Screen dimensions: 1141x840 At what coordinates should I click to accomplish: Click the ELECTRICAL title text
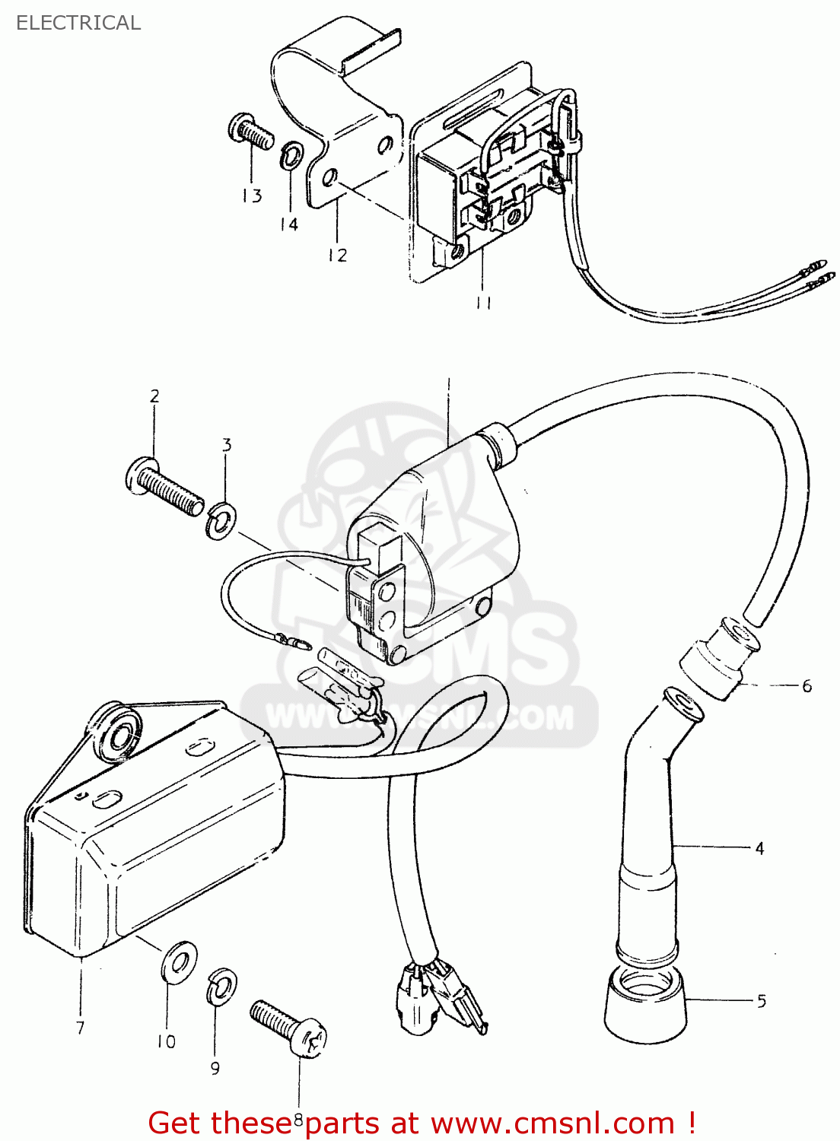tap(78, 23)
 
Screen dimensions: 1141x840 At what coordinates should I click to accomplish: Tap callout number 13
tap(252, 196)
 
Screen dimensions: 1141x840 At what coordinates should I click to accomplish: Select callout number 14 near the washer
tap(288, 224)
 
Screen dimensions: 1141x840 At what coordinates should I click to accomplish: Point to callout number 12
tap(337, 256)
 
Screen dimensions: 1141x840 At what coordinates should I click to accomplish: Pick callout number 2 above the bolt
tap(154, 396)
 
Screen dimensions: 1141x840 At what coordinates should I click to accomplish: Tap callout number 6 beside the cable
tap(807, 686)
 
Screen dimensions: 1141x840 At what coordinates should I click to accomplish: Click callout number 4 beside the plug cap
tap(759, 848)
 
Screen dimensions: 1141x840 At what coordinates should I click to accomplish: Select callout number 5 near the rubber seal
tap(762, 1001)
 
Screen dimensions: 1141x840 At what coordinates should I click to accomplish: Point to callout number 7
tap(80, 1028)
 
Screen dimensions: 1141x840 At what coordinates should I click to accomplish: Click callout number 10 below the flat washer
tap(166, 1041)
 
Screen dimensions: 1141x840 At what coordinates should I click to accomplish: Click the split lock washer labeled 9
tap(221, 987)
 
